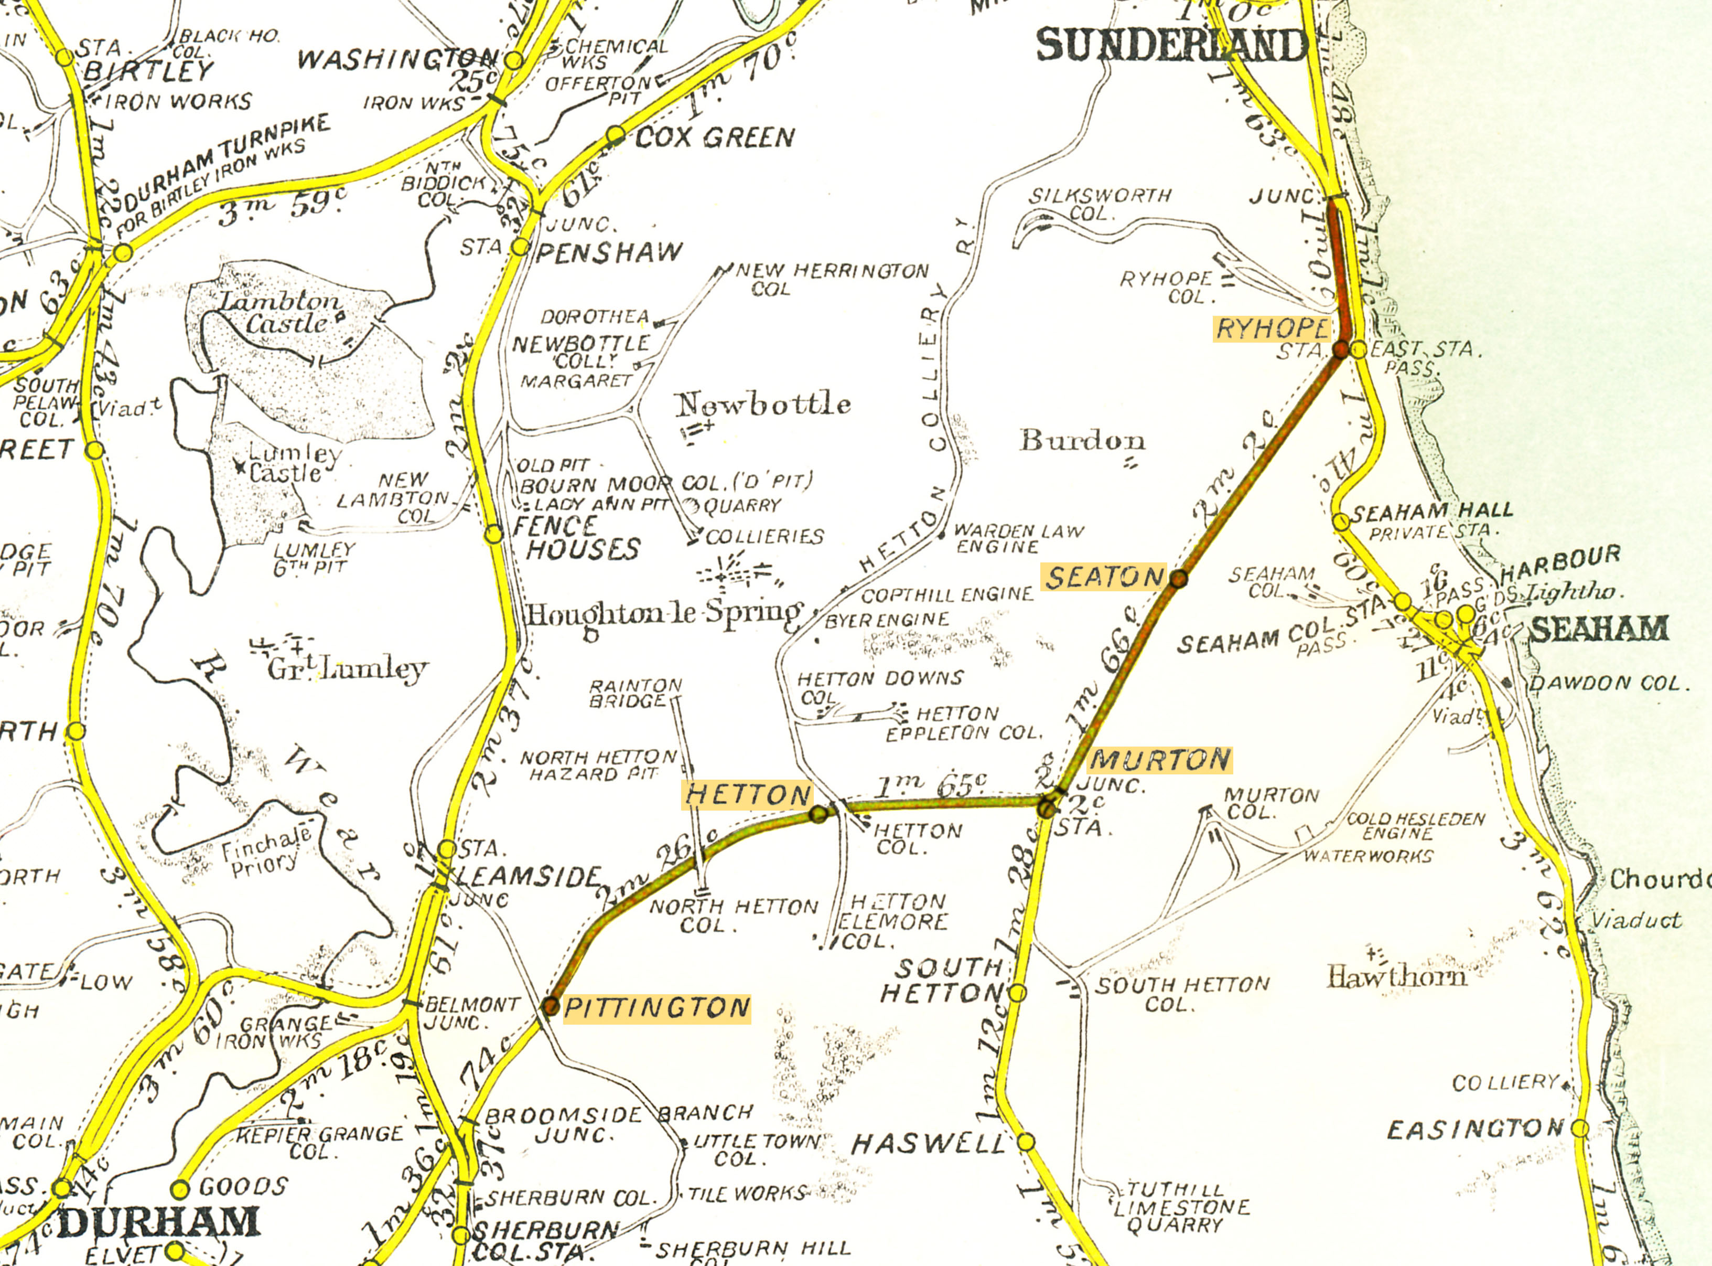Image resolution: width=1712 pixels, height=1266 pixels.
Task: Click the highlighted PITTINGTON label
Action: (x=656, y=1008)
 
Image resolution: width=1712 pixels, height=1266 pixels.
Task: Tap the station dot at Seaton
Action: (x=1178, y=579)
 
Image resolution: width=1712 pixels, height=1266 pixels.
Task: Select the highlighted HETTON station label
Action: (x=747, y=795)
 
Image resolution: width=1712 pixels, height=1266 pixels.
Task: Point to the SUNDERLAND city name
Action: (x=1172, y=46)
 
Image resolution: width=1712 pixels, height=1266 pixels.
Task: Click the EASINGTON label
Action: (x=1474, y=1130)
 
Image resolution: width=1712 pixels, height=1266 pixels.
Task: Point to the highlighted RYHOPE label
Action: (x=1272, y=329)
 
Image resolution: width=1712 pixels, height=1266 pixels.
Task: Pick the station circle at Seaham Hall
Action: (x=1341, y=522)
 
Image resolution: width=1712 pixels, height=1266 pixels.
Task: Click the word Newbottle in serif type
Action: (x=763, y=404)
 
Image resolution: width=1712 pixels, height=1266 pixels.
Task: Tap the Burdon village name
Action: (x=1082, y=440)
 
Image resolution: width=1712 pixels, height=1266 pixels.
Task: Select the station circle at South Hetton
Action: (x=1017, y=993)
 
